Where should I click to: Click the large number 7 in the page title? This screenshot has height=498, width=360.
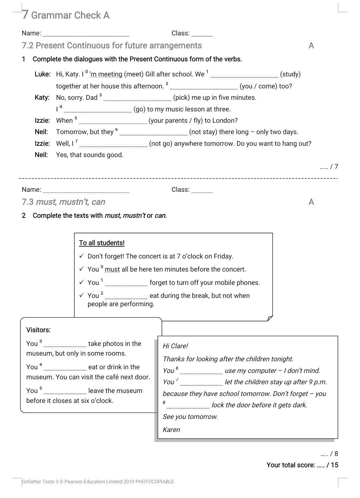click(x=25, y=15)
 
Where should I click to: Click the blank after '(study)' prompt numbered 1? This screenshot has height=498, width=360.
click(x=244, y=75)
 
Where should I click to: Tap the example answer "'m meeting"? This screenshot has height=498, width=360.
click(x=106, y=74)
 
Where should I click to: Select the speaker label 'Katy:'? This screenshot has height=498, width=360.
click(x=42, y=97)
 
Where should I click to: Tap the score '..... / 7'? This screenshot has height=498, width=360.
click(x=329, y=167)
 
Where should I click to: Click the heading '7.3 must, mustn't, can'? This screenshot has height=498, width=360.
click(x=63, y=202)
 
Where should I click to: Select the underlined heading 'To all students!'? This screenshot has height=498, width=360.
click(x=102, y=243)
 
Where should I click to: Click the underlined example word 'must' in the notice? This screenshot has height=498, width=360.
click(x=112, y=269)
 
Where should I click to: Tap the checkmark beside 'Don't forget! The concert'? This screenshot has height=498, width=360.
click(x=82, y=256)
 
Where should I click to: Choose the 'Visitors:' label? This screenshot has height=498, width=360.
click(x=38, y=330)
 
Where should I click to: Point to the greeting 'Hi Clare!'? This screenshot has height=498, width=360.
click(x=175, y=346)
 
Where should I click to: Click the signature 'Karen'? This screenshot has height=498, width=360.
click(x=171, y=430)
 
